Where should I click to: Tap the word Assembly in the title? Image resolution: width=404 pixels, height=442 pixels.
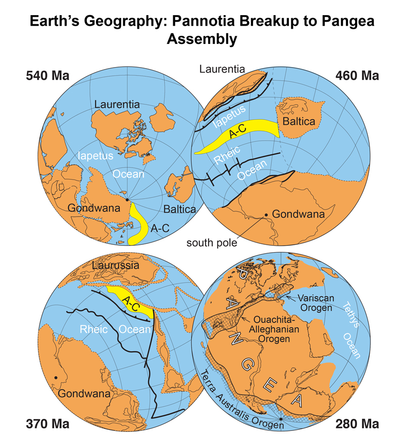pyautogui.click(x=202, y=39)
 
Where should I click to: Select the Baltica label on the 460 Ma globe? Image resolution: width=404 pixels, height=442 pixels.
pyautogui.click(x=298, y=122)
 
